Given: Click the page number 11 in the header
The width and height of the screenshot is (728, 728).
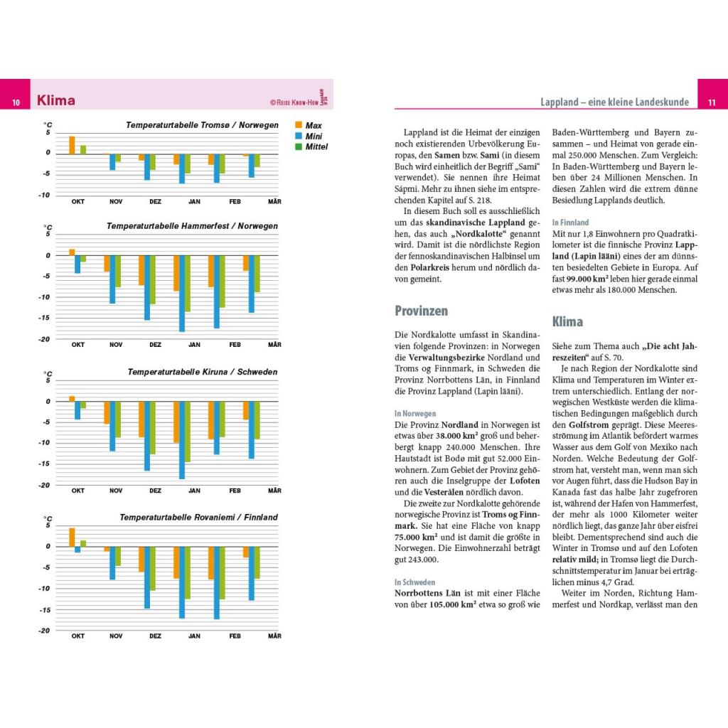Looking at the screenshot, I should coord(710,102).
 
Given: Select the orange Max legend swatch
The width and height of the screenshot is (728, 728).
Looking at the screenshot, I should coord(299,125).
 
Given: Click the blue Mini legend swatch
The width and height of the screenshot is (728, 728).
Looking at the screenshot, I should coord(299,136).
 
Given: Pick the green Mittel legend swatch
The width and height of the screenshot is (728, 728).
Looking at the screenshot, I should coord(299,146).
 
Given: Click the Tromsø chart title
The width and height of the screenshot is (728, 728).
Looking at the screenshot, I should coord(202,125).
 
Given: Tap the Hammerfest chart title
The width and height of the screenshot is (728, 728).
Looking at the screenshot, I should coord(192,226).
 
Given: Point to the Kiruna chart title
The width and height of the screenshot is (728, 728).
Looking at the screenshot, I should coord(202,372).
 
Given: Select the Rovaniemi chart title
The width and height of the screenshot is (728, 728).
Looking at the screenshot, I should coord(198,517).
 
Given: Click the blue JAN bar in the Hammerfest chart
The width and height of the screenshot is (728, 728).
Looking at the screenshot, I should coord(182,293).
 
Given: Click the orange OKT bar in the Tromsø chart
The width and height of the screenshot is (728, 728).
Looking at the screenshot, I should coord(72,144).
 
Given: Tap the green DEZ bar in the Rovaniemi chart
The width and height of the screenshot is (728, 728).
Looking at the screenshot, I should coord(152,568).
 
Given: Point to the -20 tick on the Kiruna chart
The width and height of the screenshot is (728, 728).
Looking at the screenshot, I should coord(45,485).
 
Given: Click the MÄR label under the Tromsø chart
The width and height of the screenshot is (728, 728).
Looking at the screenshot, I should coord(274,201).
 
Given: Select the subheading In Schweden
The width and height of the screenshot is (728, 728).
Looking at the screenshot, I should coord(414,582).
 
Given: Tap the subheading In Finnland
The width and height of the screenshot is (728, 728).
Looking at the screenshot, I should coord(570,222).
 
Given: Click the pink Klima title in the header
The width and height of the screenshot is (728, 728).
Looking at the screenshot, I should coord(56,101).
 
